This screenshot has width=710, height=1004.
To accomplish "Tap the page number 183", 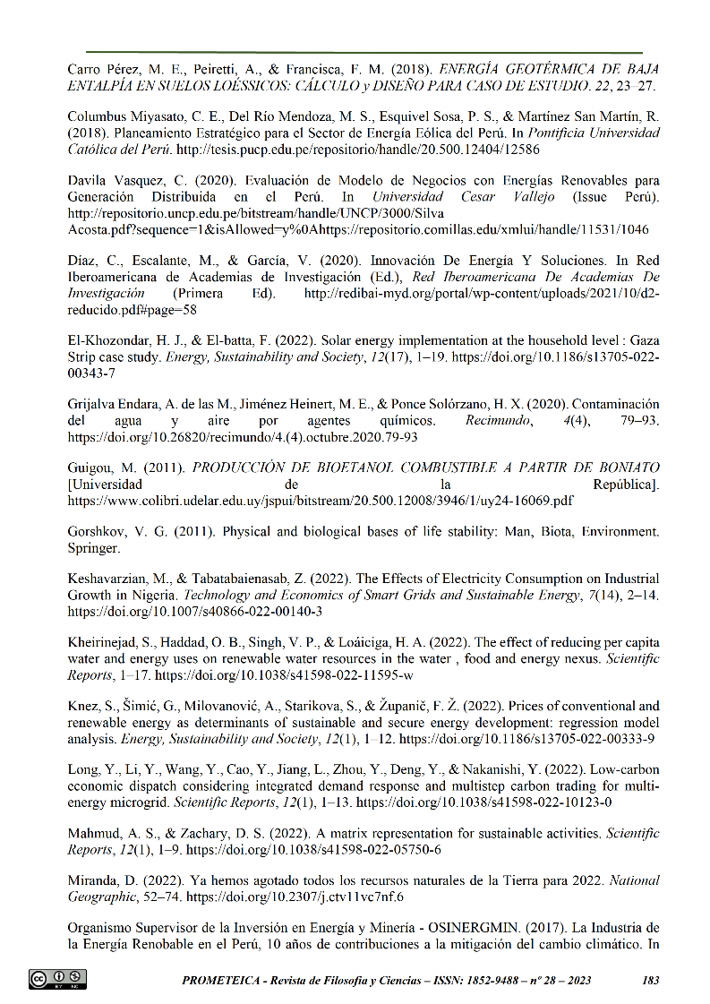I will pyautogui.click(x=651, y=980).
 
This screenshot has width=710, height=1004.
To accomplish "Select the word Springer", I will pyautogui.click(x=93, y=548).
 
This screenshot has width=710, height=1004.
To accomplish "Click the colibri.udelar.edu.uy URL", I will pyautogui.click(x=321, y=501).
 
